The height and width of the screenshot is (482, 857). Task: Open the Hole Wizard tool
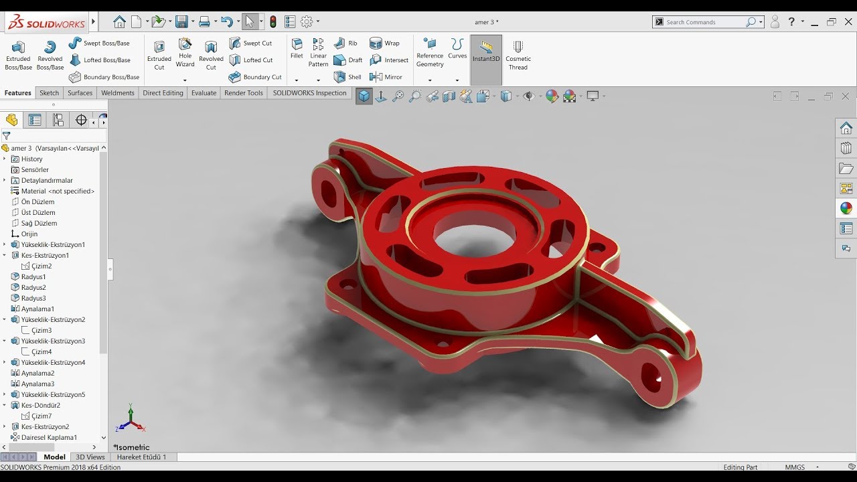tap(185, 52)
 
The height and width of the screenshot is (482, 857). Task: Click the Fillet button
tap(297, 48)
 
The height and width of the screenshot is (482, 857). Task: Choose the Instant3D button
tap(486, 51)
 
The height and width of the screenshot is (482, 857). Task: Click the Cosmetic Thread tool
tap(518, 54)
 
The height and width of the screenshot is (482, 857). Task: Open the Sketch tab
tap(49, 93)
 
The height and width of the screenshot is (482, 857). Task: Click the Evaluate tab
tap(204, 93)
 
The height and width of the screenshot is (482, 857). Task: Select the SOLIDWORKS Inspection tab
tap(309, 93)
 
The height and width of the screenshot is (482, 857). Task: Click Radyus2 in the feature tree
tap(33, 287)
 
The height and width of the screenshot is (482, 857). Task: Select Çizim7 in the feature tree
tap(42, 416)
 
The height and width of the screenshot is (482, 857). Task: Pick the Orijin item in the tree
tap(29, 234)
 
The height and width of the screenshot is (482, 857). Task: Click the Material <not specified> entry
tap(58, 191)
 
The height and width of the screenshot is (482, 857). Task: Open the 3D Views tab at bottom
tap(90, 457)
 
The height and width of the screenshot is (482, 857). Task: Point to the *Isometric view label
tap(131, 447)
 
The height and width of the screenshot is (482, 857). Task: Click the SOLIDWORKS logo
tap(46, 23)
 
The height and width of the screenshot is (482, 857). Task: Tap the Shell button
tap(348, 77)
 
